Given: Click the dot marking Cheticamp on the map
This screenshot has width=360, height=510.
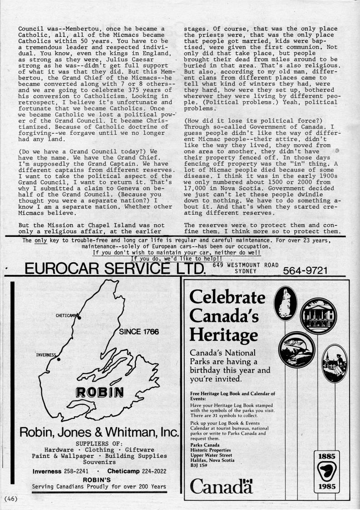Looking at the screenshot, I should point(79,317).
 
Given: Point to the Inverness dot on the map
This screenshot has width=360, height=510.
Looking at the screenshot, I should point(59,359).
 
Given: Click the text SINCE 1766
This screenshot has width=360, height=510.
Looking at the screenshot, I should point(139,332).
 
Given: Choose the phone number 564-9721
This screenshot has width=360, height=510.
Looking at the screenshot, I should point(305,271).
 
